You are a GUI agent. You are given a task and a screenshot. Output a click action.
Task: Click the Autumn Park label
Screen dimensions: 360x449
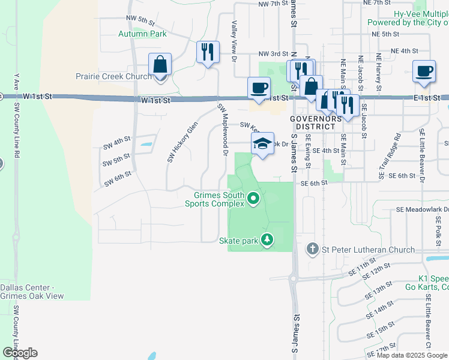142,34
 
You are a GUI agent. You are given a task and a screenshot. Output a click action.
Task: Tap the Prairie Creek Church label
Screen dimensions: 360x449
113,77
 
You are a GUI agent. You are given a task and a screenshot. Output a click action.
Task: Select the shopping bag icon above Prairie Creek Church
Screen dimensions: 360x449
160,65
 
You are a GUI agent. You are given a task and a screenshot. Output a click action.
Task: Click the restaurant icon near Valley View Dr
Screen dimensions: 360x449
208,52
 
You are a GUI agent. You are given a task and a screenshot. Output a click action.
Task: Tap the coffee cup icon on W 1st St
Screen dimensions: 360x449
259,89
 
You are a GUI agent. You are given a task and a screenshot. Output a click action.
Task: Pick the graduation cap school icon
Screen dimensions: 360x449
262,144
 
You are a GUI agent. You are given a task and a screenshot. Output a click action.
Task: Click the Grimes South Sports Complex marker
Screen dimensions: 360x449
254,198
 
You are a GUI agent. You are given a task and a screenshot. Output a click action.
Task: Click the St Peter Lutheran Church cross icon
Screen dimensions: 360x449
312,249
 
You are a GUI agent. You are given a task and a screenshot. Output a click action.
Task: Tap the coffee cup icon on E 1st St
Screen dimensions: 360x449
424,71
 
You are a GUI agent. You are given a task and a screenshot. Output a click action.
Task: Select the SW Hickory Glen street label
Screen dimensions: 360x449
182,143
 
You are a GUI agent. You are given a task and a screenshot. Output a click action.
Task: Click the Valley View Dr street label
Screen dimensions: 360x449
234,41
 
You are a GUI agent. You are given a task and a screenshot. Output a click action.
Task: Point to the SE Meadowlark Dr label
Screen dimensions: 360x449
423,210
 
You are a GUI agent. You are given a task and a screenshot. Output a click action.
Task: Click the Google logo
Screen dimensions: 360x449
20,353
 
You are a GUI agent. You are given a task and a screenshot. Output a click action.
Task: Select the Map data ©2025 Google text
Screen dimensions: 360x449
411,355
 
